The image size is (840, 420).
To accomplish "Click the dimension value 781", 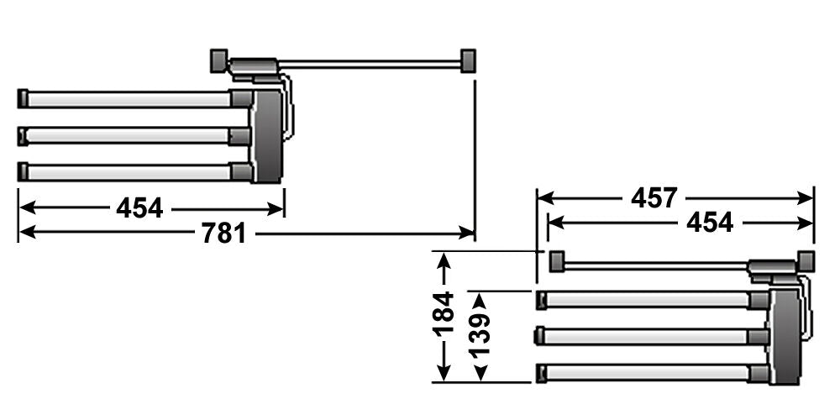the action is point(224,234).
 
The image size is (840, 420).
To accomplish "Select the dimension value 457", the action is point(654,198).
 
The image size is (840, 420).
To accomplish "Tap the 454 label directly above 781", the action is point(139,207).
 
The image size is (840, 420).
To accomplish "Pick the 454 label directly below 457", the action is point(710,223).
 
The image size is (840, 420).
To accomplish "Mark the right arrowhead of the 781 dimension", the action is point(466,233).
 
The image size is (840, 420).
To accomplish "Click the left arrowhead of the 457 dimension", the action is point(545,197).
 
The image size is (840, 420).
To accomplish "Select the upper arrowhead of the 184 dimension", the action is point(444,260).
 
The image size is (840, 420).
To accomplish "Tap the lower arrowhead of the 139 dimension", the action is point(480,373).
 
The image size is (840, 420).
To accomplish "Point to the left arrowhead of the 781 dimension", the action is point(27,233).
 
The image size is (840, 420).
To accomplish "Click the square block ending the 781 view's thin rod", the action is point(468,60).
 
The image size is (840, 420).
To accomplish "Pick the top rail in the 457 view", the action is point(653,300).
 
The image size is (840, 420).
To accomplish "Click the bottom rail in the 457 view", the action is point(653,374).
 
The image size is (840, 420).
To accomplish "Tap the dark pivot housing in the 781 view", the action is point(266,136).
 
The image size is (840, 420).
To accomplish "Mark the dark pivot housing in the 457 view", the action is point(785,337).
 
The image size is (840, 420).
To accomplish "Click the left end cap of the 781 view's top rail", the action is point(23,98).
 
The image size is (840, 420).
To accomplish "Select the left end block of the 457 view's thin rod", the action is point(557,261).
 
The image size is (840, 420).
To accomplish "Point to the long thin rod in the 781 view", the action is point(369,65).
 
